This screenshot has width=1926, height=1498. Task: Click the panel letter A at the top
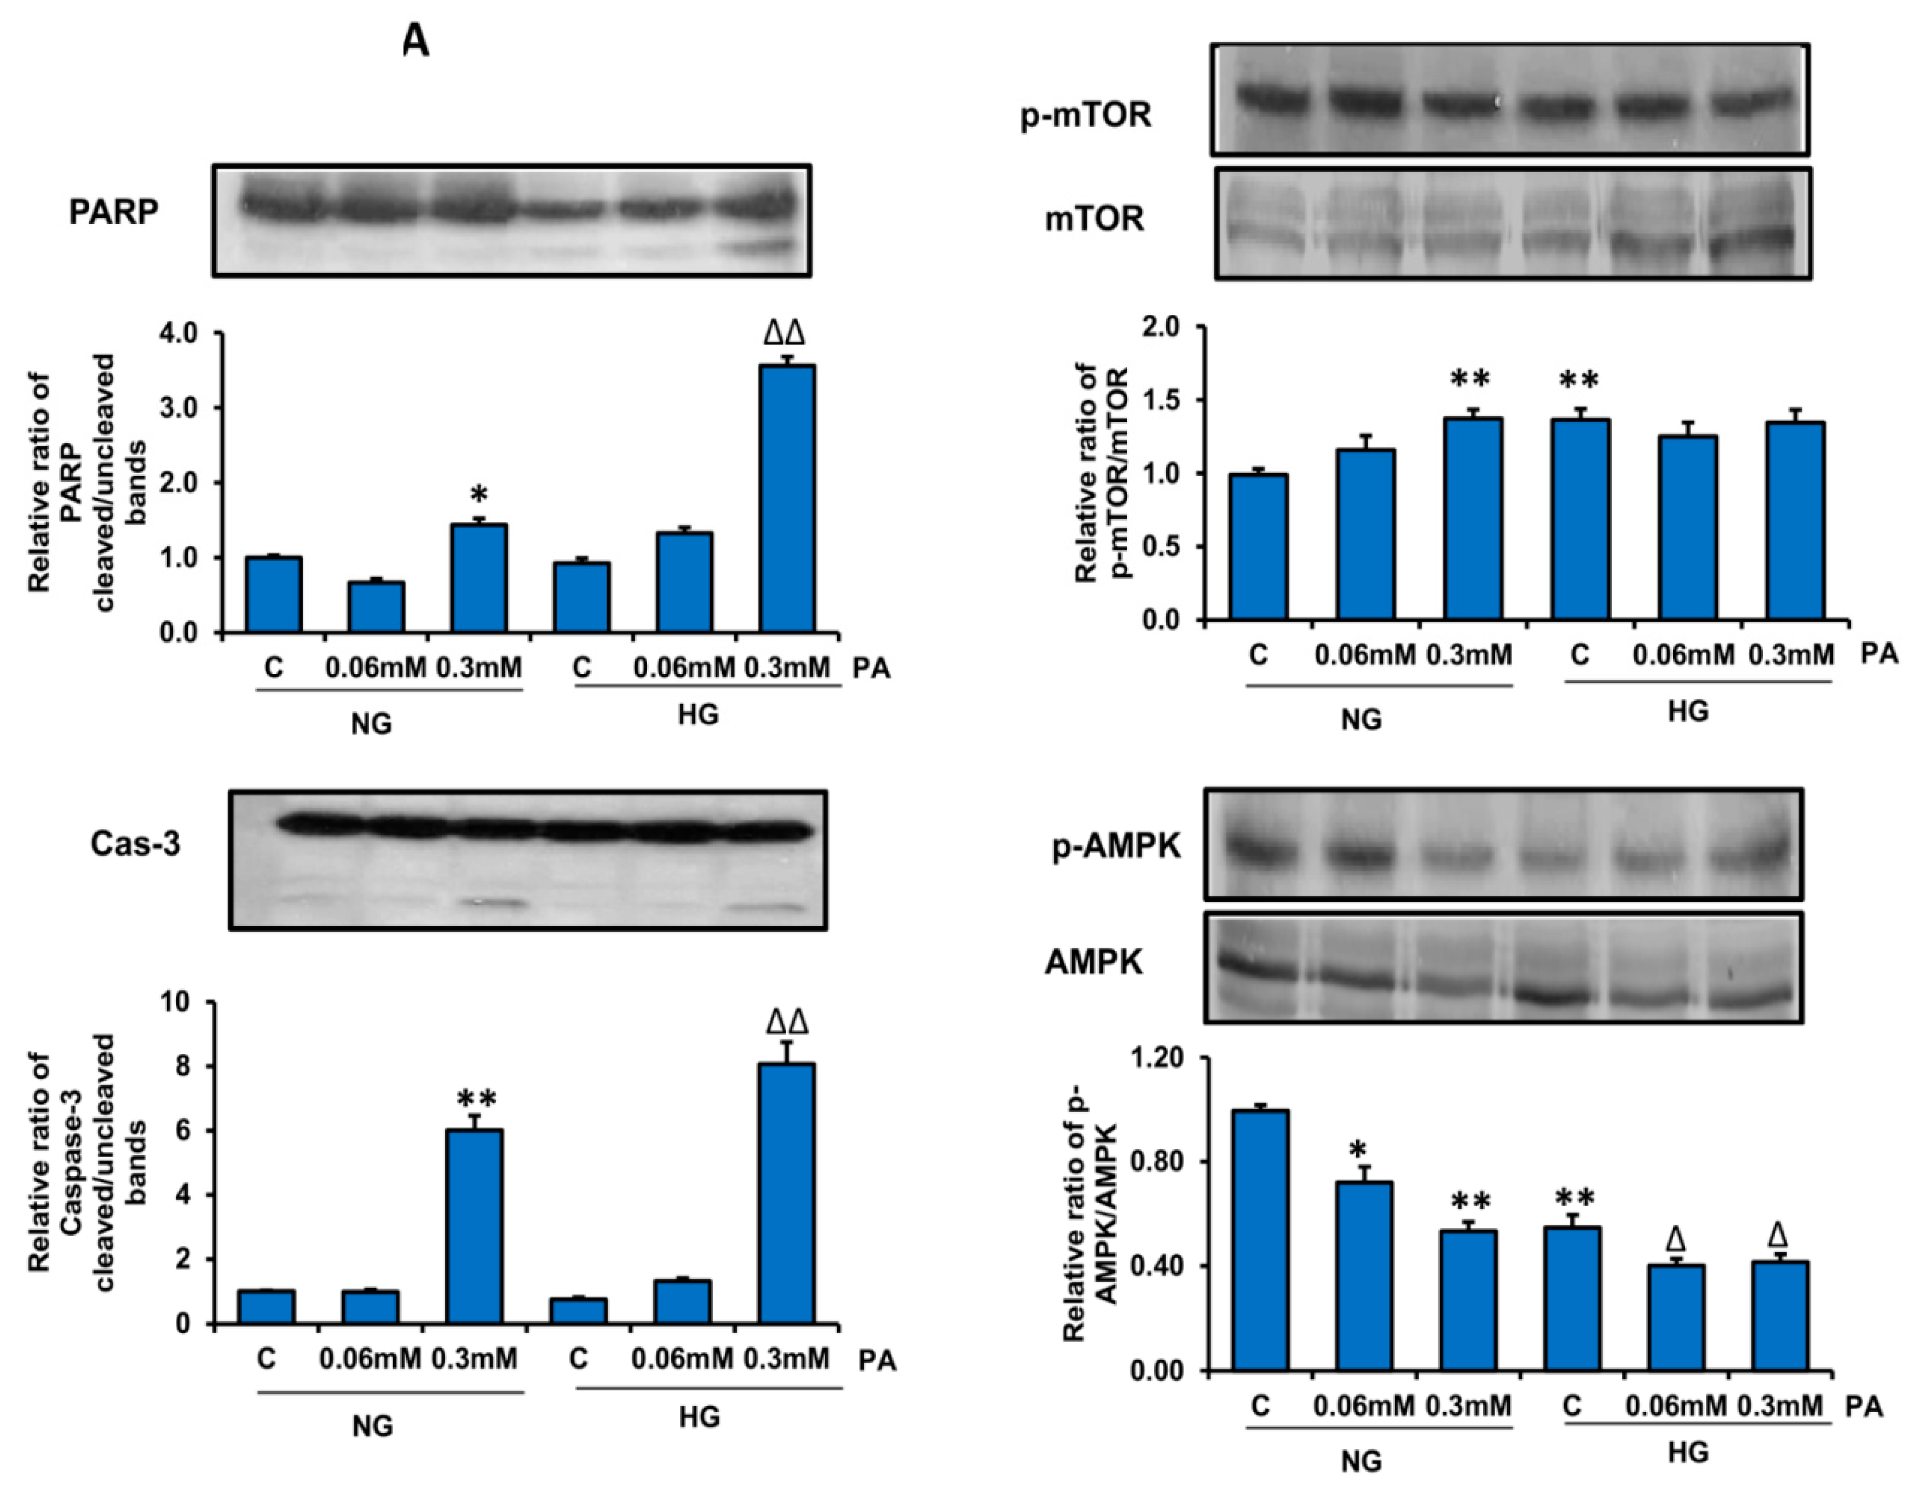pos(416,41)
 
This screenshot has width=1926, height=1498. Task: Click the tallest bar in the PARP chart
pos(787,498)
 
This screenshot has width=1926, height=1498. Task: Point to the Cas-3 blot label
pos(135,844)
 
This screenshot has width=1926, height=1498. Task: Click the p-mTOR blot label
pos(1087,114)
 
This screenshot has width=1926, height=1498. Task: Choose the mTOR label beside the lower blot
pos(1094,218)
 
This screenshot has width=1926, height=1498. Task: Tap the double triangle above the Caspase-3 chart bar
pos(787,1022)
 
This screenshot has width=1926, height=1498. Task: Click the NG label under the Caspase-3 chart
pos(372,1426)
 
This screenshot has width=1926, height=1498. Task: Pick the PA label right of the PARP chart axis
pos(871,669)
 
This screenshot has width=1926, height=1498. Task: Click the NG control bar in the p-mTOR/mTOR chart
pos(1259,546)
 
